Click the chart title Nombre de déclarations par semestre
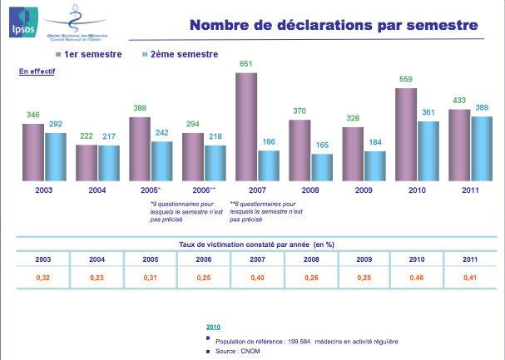[334, 25]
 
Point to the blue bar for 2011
[482, 149]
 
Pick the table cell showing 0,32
[42, 276]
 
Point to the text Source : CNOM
[236, 352]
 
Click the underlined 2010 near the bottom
[214, 327]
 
